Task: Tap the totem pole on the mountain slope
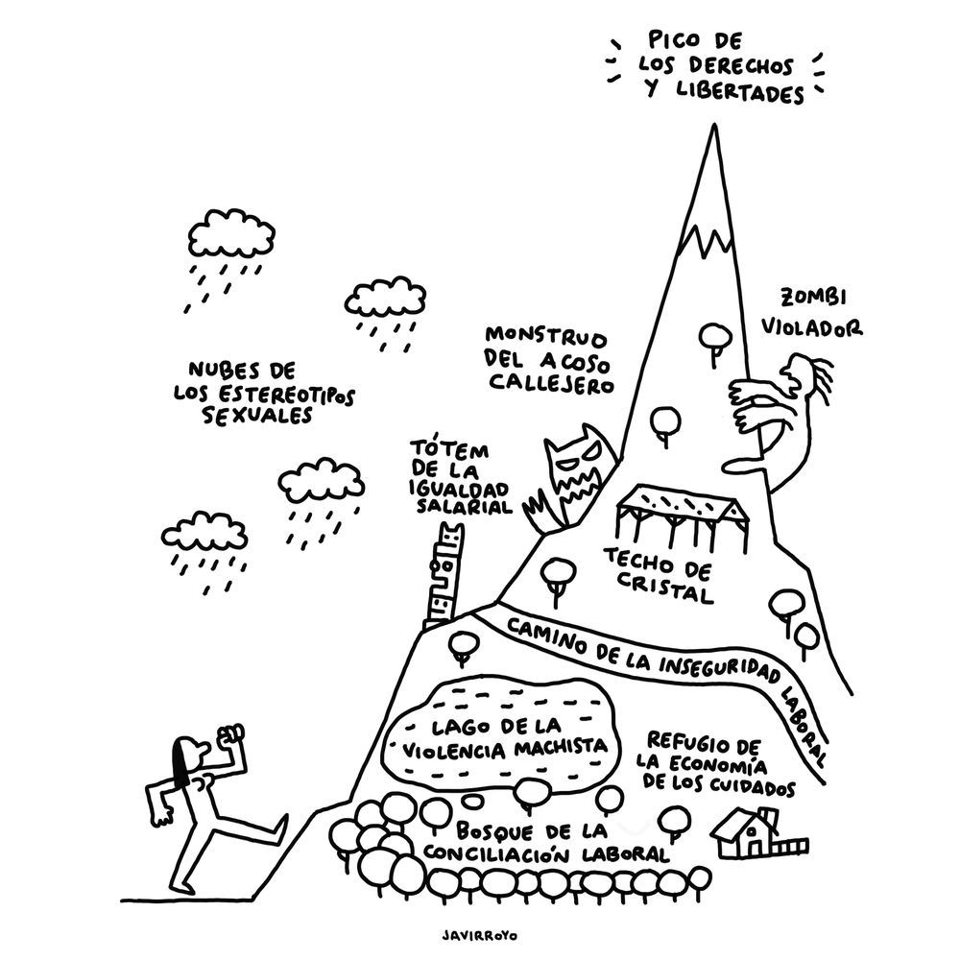pyautogui.click(x=444, y=577)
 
